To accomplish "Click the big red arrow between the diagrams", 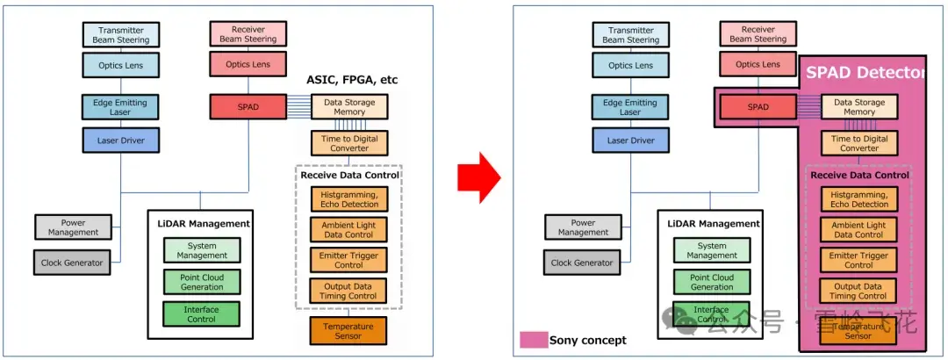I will tap(479, 179).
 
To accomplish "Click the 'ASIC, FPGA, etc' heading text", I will tap(351, 80).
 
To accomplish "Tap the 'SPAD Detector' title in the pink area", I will tap(865, 72).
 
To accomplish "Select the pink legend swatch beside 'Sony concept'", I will tap(533, 340).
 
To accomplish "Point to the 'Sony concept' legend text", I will tap(588, 340).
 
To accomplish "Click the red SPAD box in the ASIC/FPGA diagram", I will tap(248, 107).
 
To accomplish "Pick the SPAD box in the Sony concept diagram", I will tap(758, 107).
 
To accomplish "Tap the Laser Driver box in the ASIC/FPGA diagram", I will tap(120, 140).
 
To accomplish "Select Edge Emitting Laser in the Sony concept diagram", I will tap(630, 107).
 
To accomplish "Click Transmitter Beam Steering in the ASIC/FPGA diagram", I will tap(120, 34).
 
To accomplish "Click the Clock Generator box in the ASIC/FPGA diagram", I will tap(72, 262).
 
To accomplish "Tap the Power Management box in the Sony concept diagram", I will tap(583, 227).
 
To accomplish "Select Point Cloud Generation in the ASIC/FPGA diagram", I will tap(202, 282).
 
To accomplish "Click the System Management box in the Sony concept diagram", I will tap(712, 250).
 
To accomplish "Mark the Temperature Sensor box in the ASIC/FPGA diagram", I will tap(348, 330).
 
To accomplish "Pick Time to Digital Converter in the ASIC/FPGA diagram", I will tap(348, 143).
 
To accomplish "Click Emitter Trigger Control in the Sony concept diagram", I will tap(858, 260).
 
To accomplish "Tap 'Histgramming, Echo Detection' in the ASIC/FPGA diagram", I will tap(348, 199).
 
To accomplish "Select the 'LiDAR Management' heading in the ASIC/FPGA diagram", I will tap(201, 224).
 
